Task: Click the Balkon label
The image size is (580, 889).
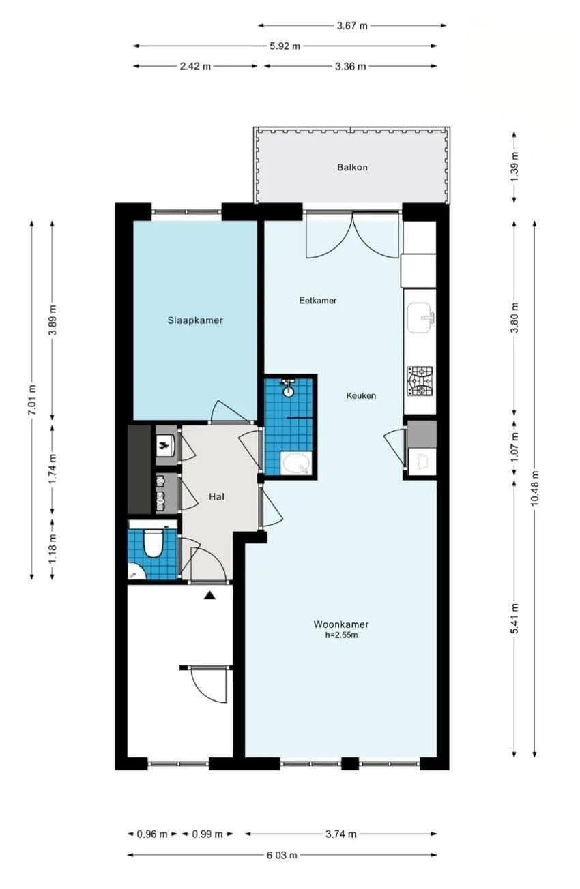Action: point(352,167)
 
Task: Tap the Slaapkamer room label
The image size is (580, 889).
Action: point(195,320)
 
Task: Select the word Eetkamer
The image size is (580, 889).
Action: point(318,301)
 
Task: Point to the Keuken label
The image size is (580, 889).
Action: point(361,395)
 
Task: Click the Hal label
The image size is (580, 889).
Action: point(216,496)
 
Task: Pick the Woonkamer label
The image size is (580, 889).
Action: point(341,624)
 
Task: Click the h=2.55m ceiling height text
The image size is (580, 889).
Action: point(341,635)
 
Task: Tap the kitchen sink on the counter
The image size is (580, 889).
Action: point(420,318)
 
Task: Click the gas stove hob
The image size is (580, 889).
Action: point(420,381)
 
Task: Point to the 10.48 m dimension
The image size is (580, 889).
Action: point(535,488)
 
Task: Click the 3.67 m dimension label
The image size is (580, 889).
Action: point(352,26)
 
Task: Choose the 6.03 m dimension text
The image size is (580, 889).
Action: point(282,854)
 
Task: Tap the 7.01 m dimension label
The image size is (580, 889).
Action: point(32,400)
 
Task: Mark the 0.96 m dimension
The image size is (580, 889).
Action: point(152,834)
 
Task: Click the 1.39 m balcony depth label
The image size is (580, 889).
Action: point(514,167)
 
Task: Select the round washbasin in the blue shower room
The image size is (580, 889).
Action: point(288,391)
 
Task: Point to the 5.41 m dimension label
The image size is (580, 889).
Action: point(514,619)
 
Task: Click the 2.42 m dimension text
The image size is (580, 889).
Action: point(195,66)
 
